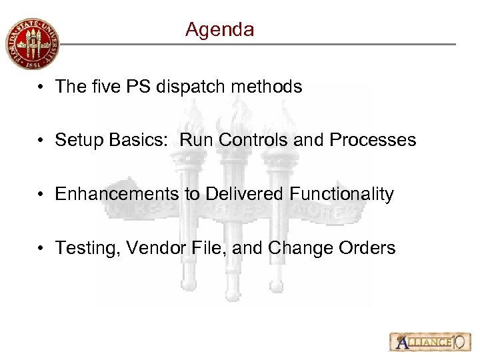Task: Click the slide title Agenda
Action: [x=219, y=30]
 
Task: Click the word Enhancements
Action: [x=117, y=195]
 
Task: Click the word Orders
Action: [x=370, y=249]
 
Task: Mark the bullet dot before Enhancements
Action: [x=43, y=195]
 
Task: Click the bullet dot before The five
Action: [x=43, y=87]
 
